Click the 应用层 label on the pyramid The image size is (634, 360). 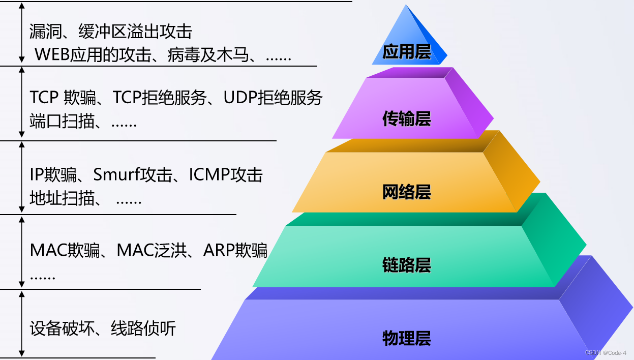[x=407, y=52]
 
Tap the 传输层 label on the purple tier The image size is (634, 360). [x=407, y=119]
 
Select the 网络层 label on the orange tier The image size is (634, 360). [x=407, y=192]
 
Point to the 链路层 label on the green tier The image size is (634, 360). [x=407, y=265]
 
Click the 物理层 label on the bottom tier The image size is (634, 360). [x=407, y=338]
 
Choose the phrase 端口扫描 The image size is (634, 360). [x=55, y=122]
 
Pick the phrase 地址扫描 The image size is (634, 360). [x=55, y=198]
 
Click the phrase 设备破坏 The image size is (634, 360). [x=55, y=328]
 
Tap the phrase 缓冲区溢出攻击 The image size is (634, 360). [x=135, y=32]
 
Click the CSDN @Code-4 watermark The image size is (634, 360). [x=606, y=352]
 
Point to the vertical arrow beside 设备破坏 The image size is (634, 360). [x=21, y=323]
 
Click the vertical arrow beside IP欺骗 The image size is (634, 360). [x=21, y=176]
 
